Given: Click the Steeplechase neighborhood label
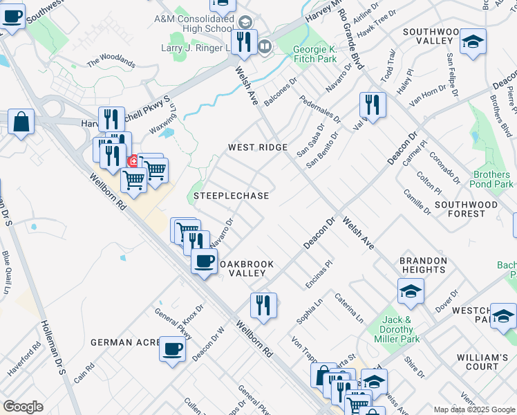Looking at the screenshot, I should click(x=231, y=196).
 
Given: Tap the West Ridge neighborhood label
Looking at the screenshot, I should click(x=258, y=148).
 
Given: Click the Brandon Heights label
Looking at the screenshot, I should click(x=423, y=265).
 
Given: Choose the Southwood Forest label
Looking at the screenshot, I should click(x=466, y=209).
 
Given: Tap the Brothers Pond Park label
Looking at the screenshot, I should click(x=493, y=180).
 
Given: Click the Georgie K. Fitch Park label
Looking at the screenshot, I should click(x=315, y=54).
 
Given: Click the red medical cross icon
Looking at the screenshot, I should click(x=132, y=161).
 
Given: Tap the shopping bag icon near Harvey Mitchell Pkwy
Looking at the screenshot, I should click(x=21, y=122).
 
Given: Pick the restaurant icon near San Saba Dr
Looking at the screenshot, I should click(x=373, y=105).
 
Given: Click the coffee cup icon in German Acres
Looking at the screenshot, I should click(x=172, y=349).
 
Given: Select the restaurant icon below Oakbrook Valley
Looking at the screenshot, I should click(x=263, y=304).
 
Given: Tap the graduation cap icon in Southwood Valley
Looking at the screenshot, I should click(x=473, y=41).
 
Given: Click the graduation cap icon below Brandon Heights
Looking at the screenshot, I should click(x=411, y=290).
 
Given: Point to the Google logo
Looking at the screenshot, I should click(x=23, y=407).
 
